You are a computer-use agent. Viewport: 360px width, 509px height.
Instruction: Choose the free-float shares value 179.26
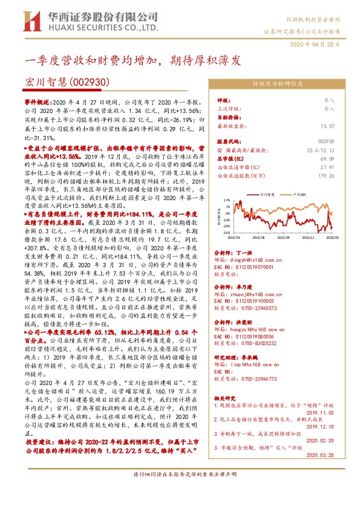(326, 175)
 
